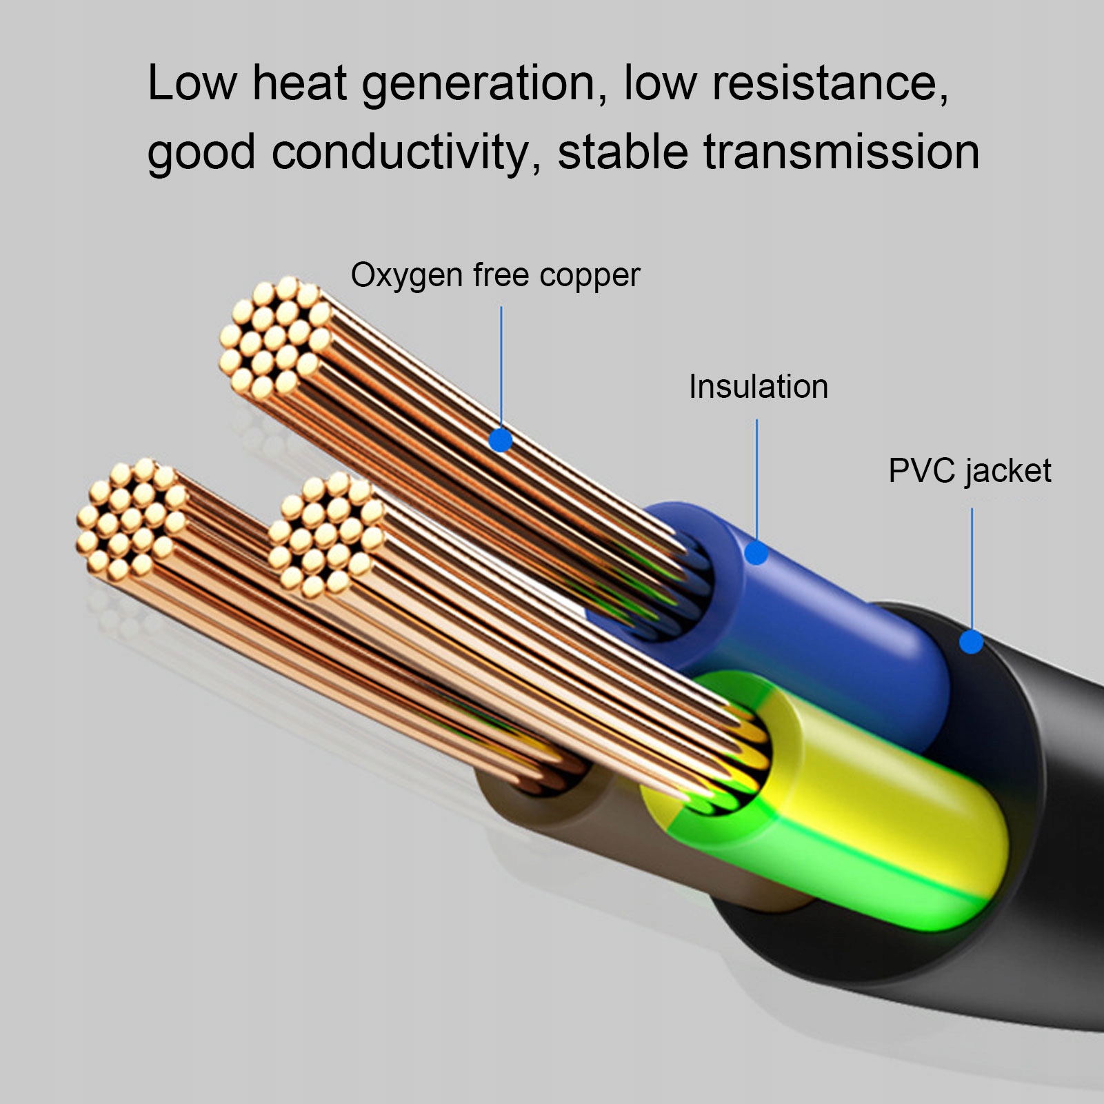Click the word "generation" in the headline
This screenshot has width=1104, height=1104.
(x=479, y=84)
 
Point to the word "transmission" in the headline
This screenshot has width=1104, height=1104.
(x=841, y=152)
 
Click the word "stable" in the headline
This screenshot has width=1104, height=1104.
(x=622, y=152)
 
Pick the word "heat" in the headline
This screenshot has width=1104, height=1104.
(x=299, y=84)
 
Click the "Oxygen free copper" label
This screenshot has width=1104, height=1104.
(x=495, y=275)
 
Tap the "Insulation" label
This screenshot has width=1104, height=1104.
(x=759, y=387)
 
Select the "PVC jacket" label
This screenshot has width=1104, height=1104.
(x=970, y=472)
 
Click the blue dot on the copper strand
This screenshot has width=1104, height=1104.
(x=501, y=440)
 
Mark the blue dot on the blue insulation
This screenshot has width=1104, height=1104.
(x=756, y=552)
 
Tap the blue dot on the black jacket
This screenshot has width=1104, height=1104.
(x=971, y=642)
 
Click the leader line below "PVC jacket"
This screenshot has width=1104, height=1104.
(x=972, y=565)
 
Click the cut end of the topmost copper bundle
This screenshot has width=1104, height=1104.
(x=274, y=338)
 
